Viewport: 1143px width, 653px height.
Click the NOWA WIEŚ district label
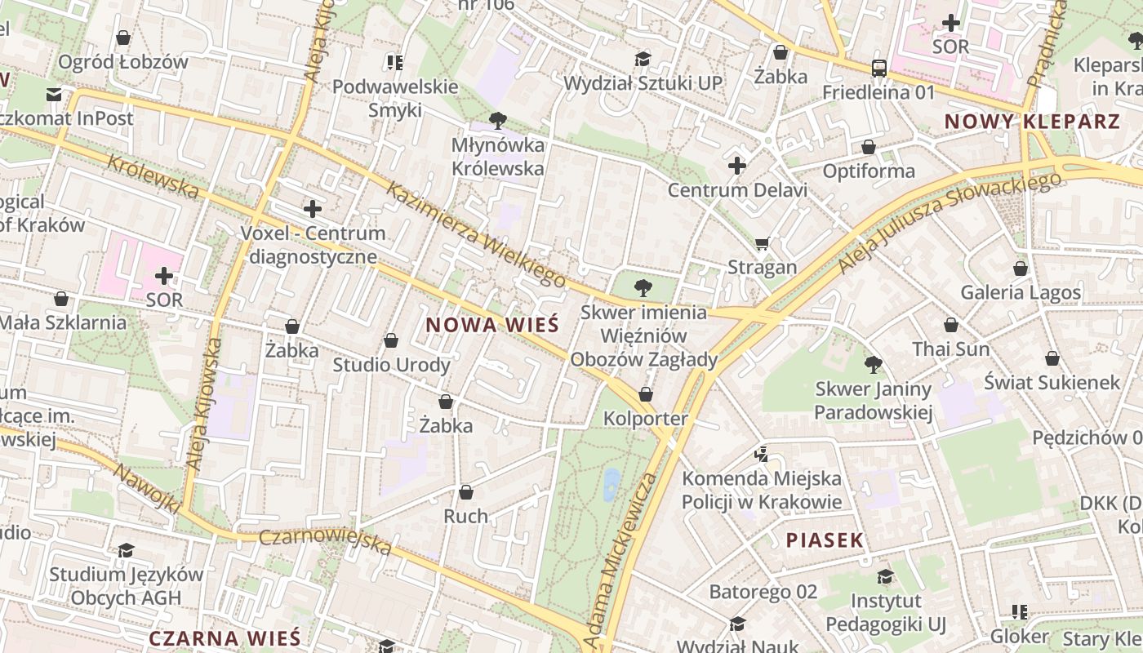click(492, 325)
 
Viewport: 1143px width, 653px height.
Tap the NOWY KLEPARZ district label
click(1032, 122)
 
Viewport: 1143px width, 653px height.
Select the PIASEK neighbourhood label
click(825, 540)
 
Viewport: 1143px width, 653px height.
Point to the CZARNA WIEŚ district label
click(225, 638)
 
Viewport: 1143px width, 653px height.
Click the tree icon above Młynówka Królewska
click(497, 122)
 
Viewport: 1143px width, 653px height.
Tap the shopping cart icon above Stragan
click(763, 243)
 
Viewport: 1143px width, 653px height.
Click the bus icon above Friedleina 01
click(878, 69)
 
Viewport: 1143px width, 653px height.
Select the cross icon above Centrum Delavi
click(737, 167)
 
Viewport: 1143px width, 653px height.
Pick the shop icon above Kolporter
click(646, 395)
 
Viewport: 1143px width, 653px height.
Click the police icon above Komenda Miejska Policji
click(762, 454)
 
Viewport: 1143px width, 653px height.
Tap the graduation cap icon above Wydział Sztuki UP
click(643, 59)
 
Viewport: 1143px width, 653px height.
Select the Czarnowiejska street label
click(325, 541)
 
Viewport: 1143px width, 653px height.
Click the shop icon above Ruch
click(465, 492)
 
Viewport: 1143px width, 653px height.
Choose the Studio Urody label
click(391, 365)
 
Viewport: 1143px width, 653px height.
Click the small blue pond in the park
click(611, 484)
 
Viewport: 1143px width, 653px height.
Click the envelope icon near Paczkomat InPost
click(54, 95)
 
